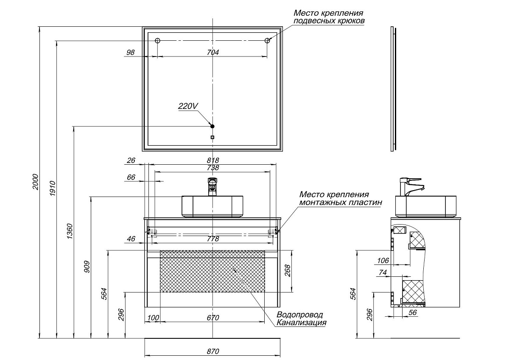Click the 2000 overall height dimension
pyautogui.click(x=36, y=182)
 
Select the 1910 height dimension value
pyautogui.click(x=53, y=187)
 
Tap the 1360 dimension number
pyautogui.click(x=70, y=231)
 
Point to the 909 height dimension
pyautogui.click(x=87, y=266)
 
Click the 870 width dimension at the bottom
pyautogui.click(x=213, y=352)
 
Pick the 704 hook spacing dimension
pyautogui.click(x=213, y=52)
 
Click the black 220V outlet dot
pyautogui.click(x=213, y=126)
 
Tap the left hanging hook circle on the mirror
pyautogui.click(x=157, y=41)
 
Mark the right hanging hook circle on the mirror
pyautogui.click(x=268, y=41)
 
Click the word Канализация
pyautogui.click(x=302, y=323)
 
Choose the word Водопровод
pyautogui.click(x=299, y=315)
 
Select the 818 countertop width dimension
pyautogui.click(x=213, y=160)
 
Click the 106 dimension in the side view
pyautogui.click(x=383, y=260)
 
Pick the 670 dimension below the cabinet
pyautogui.click(x=213, y=318)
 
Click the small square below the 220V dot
pyautogui.click(x=213, y=137)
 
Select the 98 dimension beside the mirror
pyautogui.click(x=131, y=52)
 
